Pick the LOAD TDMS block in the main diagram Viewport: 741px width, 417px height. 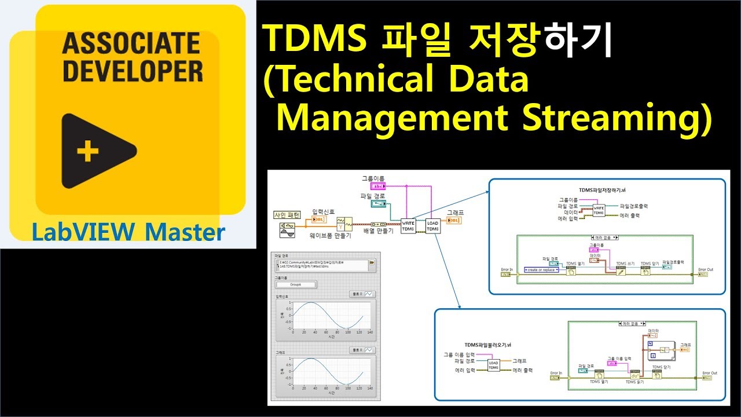point(432,226)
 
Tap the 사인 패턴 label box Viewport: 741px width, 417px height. point(287,215)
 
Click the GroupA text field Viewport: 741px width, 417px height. point(296,284)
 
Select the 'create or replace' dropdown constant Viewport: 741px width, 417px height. point(542,270)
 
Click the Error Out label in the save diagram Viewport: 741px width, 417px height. point(706,269)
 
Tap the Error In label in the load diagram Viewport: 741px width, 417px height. point(556,373)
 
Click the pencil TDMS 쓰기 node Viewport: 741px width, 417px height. point(622,270)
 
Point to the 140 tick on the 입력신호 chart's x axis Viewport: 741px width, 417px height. point(369,332)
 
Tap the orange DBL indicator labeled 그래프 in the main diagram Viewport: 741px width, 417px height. point(454,220)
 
